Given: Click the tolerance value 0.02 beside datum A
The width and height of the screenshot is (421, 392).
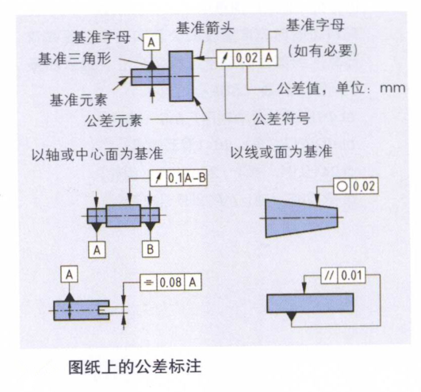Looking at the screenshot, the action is (x=247, y=58).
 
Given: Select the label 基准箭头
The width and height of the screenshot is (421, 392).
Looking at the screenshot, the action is (x=205, y=28).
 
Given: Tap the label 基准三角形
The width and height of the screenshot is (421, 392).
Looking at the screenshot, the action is (x=75, y=58).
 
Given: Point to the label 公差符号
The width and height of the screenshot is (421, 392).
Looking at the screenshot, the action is (x=281, y=118).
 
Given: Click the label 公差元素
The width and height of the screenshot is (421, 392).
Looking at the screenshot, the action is (x=114, y=121).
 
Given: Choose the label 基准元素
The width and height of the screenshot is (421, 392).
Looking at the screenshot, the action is (x=78, y=100).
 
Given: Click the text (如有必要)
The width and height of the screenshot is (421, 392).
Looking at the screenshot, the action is (x=323, y=50).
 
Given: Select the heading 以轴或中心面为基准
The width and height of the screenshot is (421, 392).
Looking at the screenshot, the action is (x=98, y=154).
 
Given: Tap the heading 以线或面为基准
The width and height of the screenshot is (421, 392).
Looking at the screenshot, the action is (x=281, y=152).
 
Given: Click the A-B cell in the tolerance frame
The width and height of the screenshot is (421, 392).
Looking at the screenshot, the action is (x=195, y=178).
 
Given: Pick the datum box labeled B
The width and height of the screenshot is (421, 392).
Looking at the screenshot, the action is (x=151, y=249).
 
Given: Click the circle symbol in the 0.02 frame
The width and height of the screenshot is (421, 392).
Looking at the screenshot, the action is (x=342, y=186).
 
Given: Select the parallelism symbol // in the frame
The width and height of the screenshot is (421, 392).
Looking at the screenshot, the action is (x=330, y=275).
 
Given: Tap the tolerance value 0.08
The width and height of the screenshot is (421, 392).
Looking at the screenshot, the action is (x=170, y=282).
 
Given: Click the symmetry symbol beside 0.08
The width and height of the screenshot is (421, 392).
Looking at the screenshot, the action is (x=148, y=282).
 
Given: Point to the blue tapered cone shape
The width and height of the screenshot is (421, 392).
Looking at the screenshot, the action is (x=301, y=218).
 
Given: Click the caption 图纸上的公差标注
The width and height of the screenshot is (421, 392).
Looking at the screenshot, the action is (x=135, y=367).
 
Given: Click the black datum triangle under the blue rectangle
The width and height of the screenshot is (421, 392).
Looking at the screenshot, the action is (x=292, y=316).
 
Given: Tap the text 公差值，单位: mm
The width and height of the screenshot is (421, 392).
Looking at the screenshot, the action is (x=341, y=88).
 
